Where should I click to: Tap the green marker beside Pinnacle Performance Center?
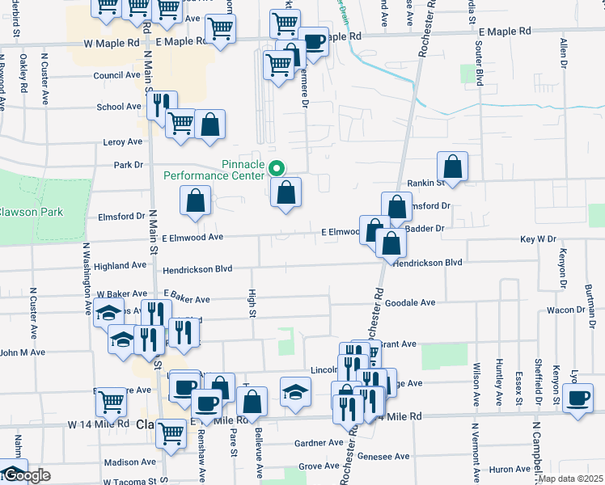click(277, 169)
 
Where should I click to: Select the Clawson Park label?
click(31, 212)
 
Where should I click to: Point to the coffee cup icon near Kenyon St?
click(578, 399)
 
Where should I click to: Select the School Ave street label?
click(119, 107)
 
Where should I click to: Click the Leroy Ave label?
click(123, 141)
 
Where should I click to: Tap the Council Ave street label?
click(117, 75)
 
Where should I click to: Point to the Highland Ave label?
click(120, 265)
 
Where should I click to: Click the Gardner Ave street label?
click(319, 443)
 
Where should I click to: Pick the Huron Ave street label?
click(510, 469)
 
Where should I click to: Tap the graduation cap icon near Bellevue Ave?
click(295, 391)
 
